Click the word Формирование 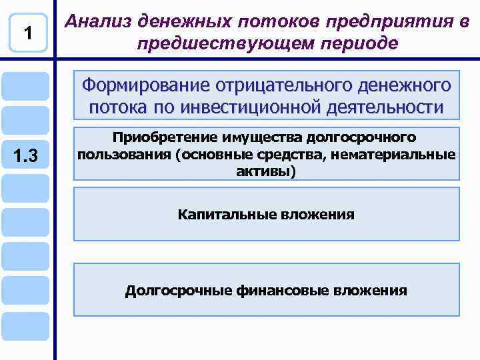coord(143,86)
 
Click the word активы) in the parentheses coord(266,171)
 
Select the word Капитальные coord(219,215)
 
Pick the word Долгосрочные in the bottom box coord(178,291)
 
